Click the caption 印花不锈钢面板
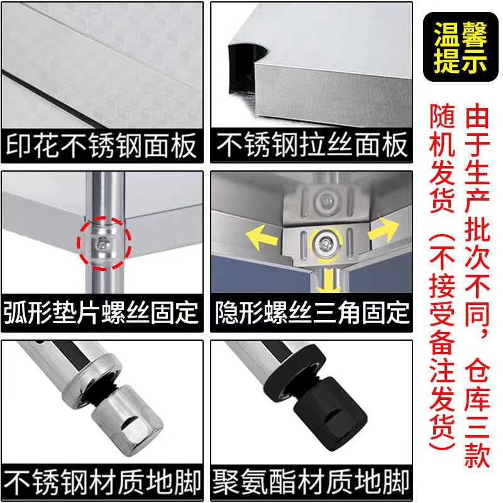(102, 146)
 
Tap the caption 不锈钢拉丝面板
(312, 146)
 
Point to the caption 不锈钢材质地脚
(102, 483)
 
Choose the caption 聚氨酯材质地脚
(312, 483)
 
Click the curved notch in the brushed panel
(248, 60)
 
